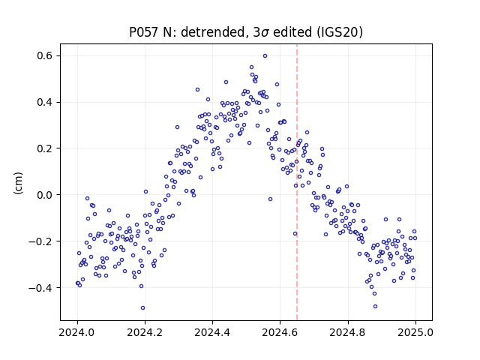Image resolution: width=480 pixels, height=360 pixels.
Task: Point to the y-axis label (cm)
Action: tap(18, 183)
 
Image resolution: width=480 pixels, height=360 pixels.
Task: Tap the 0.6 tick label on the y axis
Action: tap(45, 56)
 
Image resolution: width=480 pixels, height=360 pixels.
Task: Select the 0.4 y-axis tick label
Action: tap(45, 102)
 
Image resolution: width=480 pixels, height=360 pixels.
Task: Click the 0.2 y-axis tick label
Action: tap(45, 148)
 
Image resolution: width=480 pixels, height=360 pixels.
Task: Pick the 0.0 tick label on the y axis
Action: tap(45, 195)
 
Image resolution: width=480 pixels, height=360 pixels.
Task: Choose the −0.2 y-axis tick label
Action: tap(40, 241)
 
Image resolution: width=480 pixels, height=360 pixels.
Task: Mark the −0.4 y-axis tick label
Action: tap(40, 288)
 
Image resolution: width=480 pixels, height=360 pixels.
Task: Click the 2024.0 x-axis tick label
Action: tap(77, 332)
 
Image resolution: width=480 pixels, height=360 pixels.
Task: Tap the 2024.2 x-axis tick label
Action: tap(145, 332)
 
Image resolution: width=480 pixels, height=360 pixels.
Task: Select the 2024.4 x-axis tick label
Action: tap(212, 332)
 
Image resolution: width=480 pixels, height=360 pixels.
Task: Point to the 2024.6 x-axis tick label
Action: tap(280, 332)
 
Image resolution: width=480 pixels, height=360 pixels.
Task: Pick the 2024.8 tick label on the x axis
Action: tap(348, 332)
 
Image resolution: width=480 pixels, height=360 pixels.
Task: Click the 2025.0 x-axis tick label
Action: tap(415, 332)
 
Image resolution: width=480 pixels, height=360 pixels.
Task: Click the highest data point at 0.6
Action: tap(265, 55)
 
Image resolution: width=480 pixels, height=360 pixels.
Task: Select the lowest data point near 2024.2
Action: tap(142, 308)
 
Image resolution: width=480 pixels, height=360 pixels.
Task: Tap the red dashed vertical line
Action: tap(297, 182)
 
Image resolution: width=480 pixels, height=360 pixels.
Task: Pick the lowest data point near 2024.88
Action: tap(375, 307)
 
